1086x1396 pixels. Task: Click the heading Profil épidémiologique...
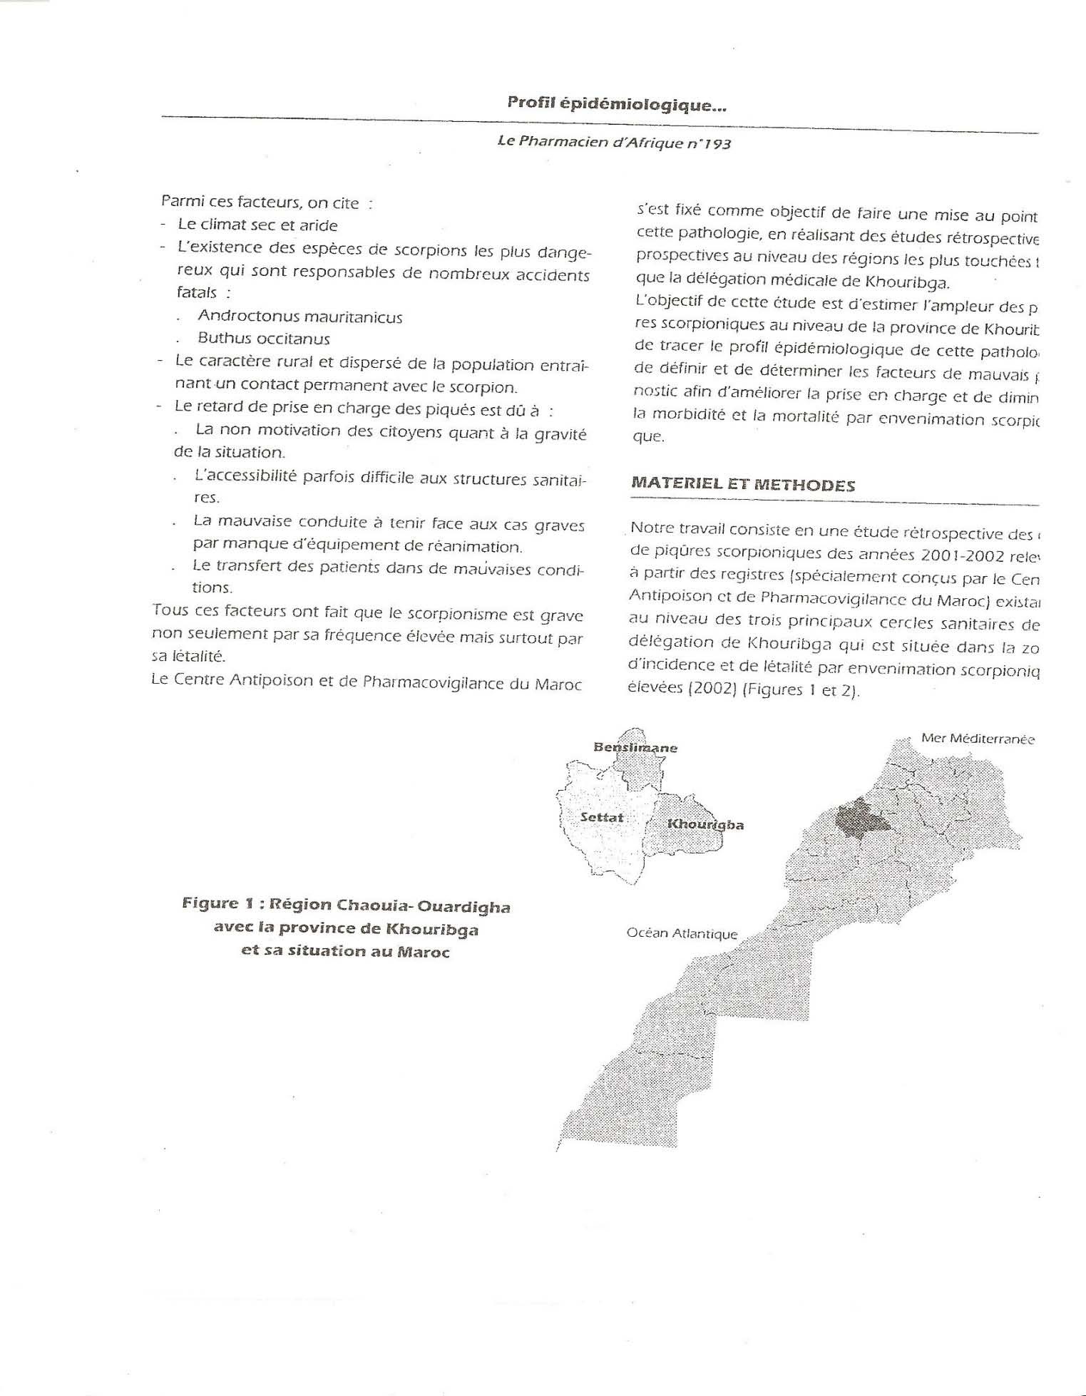click(617, 104)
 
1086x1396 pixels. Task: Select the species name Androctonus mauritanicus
click(299, 317)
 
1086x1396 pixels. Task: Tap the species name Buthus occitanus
click(264, 339)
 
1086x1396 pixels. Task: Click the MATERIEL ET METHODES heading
click(743, 485)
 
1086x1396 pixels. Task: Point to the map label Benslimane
click(635, 747)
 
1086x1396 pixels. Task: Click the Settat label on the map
click(602, 817)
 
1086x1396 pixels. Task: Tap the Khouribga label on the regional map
click(705, 824)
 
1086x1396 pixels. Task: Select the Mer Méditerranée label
click(978, 739)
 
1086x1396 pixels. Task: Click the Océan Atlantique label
click(682, 933)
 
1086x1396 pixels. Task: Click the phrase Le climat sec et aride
click(257, 225)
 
